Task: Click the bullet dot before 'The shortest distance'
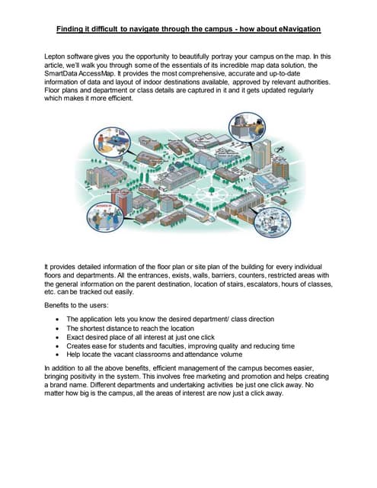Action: click(x=59, y=327)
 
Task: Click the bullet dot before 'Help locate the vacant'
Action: click(x=59, y=355)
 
